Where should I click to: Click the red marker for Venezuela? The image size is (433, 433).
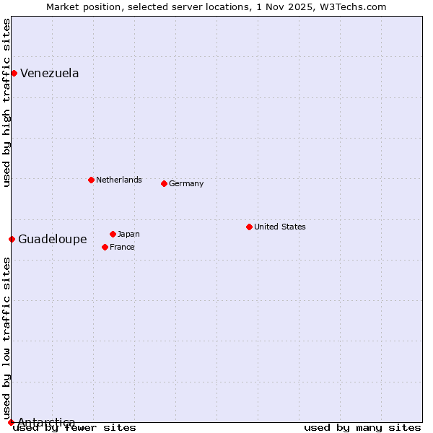[x=14, y=73]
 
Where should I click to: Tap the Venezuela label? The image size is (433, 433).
[x=50, y=73]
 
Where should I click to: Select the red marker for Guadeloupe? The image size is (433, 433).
[x=12, y=239]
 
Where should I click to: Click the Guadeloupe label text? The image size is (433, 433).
[x=53, y=239]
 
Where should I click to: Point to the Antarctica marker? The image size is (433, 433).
[x=11, y=422]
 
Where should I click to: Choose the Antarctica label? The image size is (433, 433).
[x=46, y=422]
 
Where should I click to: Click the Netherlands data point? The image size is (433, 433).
[x=91, y=180]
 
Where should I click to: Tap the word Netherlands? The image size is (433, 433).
[x=119, y=180]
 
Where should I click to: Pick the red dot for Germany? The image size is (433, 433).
[x=164, y=183]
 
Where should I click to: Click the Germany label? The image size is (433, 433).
[x=186, y=183]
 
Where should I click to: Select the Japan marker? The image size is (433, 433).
[x=113, y=234]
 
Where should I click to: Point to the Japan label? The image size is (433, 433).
[x=128, y=234]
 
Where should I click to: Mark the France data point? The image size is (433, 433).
[x=105, y=247]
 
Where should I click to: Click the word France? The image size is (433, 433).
[x=122, y=247]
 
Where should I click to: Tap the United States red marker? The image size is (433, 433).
[x=249, y=227]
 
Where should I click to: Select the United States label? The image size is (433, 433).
[x=280, y=227]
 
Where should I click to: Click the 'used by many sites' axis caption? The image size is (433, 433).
[x=362, y=427]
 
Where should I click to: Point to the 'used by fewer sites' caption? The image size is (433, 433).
[x=75, y=427]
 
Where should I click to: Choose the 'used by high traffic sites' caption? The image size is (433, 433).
[x=6, y=102]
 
